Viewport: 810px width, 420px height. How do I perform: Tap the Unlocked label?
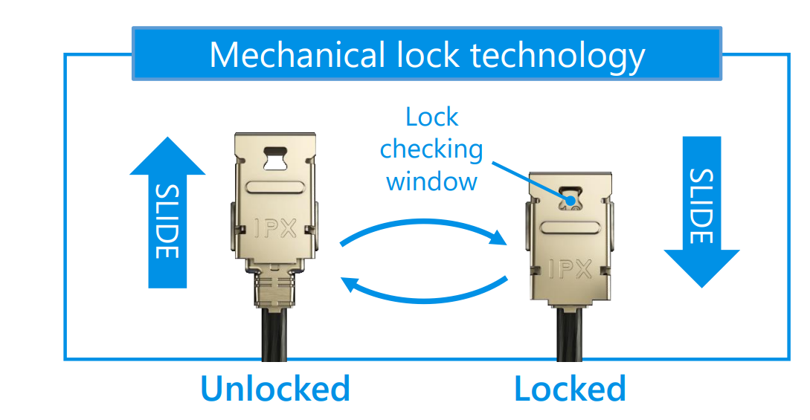(x=274, y=388)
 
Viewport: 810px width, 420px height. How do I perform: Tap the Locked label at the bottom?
(x=570, y=388)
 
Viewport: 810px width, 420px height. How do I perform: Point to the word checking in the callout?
(x=431, y=149)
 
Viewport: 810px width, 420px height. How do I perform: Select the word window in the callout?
(x=431, y=181)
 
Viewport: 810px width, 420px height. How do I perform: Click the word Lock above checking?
(x=431, y=117)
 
